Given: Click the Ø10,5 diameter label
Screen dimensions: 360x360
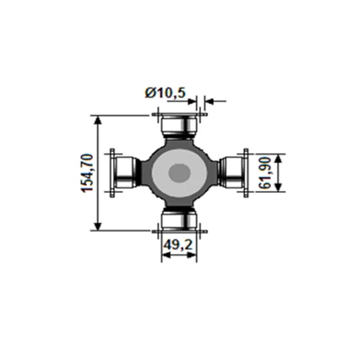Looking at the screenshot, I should click(x=165, y=93).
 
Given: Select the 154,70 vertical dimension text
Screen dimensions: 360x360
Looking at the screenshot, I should click(x=88, y=174).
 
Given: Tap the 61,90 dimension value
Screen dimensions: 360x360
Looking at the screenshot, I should click(x=265, y=172).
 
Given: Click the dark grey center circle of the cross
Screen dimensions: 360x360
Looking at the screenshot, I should click(x=179, y=173).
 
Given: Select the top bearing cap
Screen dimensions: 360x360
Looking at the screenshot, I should click(x=179, y=127).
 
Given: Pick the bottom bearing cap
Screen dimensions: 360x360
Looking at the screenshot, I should click(x=179, y=221).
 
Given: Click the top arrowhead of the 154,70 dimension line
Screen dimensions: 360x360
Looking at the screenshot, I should click(x=100, y=120).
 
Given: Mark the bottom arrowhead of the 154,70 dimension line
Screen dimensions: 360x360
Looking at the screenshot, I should click(x=100, y=226).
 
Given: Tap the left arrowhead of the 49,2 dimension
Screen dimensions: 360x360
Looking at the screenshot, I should click(x=164, y=259).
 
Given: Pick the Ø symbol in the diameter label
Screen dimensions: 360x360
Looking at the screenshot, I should click(x=149, y=93).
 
